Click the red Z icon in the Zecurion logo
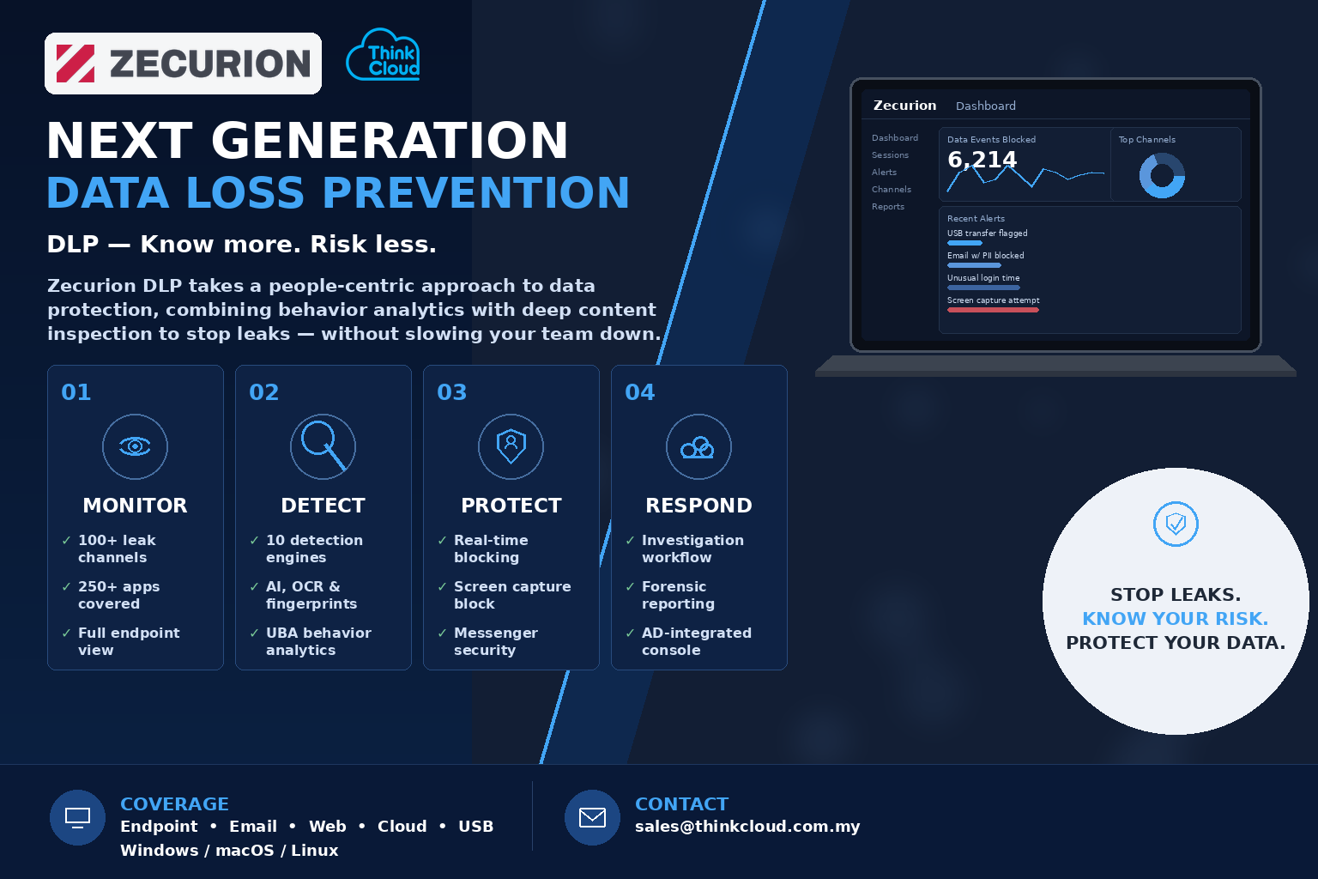pyautogui.click(x=76, y=64)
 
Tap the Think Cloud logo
pyautogui.click(x=383, y=55)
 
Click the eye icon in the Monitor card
pyautogui.click(x=135, y=447)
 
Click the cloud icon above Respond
pyautogui.click(x=698, y=447)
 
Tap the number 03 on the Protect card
pyautogui.click(x=452, y=392)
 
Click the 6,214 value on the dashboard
pyautogui.click(x=982, y=159)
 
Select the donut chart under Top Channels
pyautogui.click(x=1162, y=175)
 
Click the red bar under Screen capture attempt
pyautogui.click(x=993, y=310)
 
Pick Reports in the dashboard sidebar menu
pyautogui.click(x=888, y=207)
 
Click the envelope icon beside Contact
pyautogui.click(x=593, y=817)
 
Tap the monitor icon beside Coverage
pyautogui.click(x=78, y=817)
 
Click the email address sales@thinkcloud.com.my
pyautogui.click(x=747, y=827)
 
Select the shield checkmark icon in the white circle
pyautogui.click(x=1176, y=524)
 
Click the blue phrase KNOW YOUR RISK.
pyautogui.click(x=1176, y=619)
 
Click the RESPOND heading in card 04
pyautogui.click(x=698, y=505)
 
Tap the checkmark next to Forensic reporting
pyautogui.click(x=630, y=586)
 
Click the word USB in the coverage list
pyautogui.click(x=475, y=827)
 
